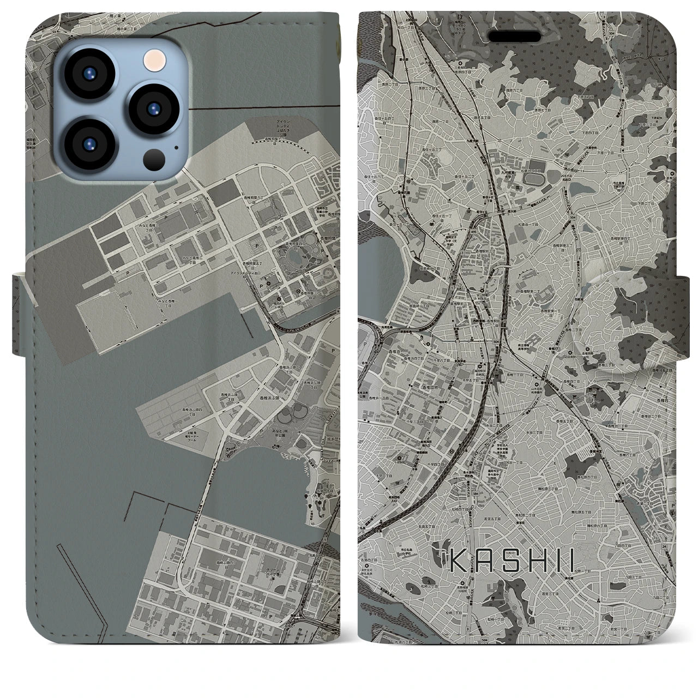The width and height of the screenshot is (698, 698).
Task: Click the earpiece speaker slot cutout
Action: pyautogui.click(x=519, y=35)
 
